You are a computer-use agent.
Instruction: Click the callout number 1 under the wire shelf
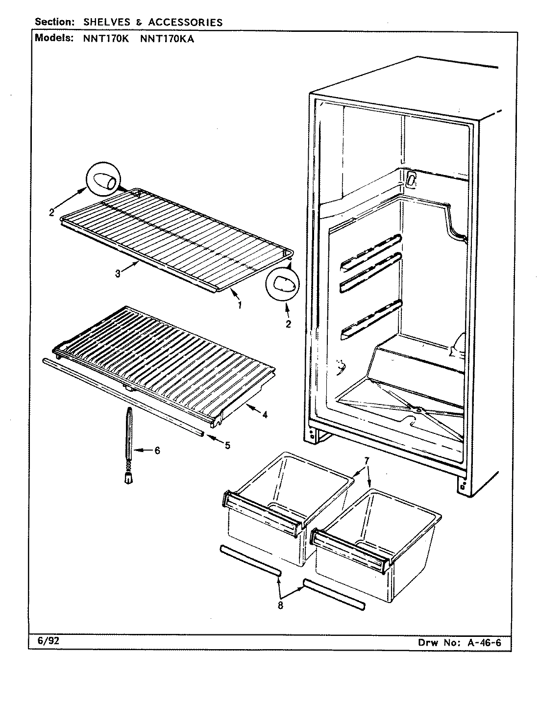coord(240,306)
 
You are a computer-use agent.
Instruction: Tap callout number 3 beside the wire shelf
coord(118,274)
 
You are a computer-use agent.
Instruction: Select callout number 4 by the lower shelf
coord(265,415)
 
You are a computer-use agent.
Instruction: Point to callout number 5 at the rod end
coord(227,446)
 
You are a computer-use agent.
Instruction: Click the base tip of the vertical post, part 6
coord(128,479)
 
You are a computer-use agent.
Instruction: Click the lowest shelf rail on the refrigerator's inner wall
coord(371,319)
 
